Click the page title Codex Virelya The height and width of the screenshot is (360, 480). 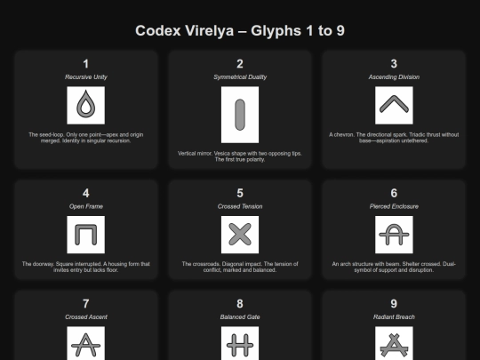185,30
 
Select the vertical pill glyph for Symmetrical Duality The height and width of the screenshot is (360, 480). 240,115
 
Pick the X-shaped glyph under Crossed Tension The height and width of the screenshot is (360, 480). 240,235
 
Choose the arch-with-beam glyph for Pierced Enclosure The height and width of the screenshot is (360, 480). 394,235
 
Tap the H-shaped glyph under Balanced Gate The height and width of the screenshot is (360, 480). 240,345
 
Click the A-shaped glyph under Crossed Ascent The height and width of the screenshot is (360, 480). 85,345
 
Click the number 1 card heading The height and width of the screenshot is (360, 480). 85,64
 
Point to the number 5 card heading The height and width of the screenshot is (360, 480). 240,193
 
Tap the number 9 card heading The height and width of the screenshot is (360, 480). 394,304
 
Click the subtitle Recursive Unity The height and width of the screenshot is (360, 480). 86,77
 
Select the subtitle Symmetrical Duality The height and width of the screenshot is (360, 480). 240,77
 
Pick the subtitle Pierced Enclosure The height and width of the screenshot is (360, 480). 394,206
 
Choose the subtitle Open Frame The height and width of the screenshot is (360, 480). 86,206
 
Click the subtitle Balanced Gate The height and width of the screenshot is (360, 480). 240,317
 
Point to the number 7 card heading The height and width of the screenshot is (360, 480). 85,304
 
